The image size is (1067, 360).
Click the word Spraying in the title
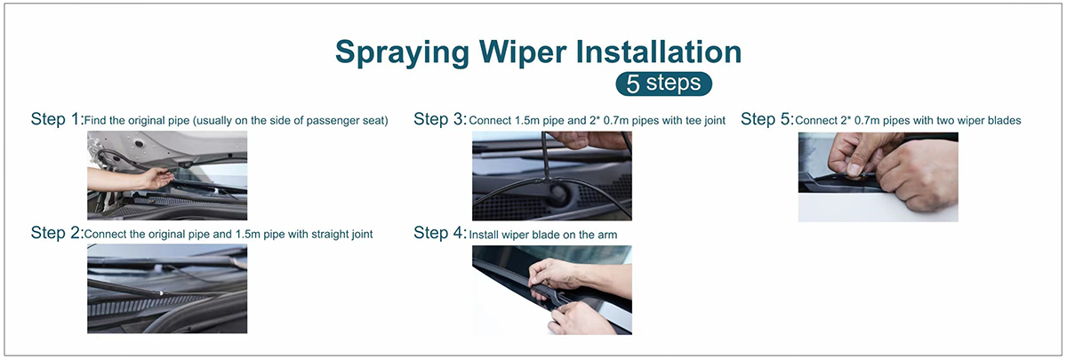(x=403, y=52)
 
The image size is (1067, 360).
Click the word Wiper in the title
(x=523, y=52)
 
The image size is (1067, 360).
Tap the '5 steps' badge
(x=663, y=84)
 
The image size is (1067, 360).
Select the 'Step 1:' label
(x=57, y=118)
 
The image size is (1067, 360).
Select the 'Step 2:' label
(x=57, y=232)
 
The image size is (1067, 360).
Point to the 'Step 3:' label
(x=440, y=118)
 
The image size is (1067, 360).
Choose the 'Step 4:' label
(x=440, y=232)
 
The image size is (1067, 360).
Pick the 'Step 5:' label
(x=766, y=118)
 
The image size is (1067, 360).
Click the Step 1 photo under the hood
(x=167, y=175)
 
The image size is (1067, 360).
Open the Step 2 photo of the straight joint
(x=167, y=289)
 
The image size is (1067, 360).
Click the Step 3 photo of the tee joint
(x=552, y=176)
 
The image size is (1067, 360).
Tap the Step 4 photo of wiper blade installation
(x=552, y=290)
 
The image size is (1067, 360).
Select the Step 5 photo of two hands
(x=878, y=177)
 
